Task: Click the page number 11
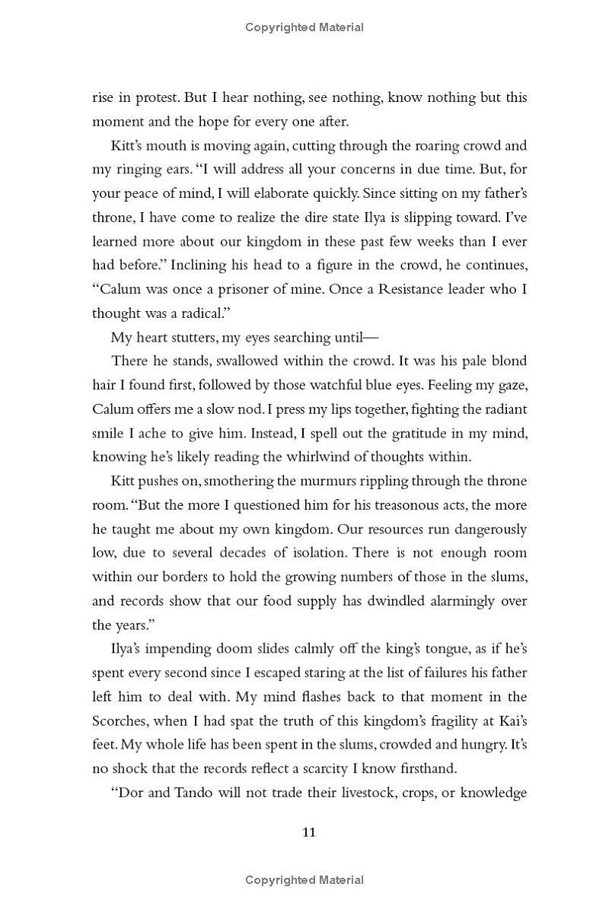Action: point(308,831)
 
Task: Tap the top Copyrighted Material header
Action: point(304,27)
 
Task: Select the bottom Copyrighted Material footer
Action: point(304,880)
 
